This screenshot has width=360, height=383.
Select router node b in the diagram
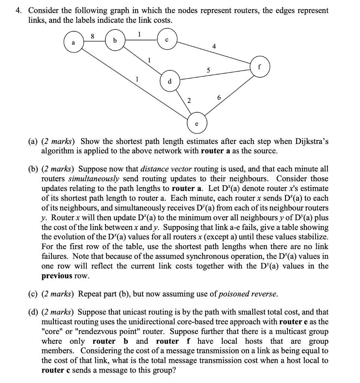tap(115, 40)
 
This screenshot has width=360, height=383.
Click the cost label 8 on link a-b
tap(92, 36)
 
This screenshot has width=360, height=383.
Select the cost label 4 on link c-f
tap(213, 47)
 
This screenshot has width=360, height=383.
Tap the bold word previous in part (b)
tap(56, 276)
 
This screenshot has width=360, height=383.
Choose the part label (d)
tap(34, 312)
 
